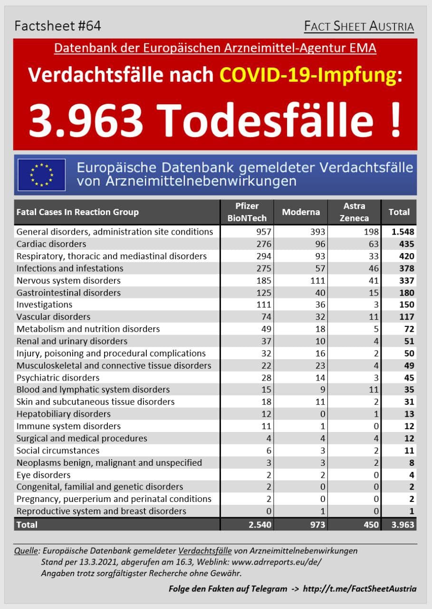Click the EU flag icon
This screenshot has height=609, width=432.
point(41,175)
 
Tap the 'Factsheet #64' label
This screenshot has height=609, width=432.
point(58,26)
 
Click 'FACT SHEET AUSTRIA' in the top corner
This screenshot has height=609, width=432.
point(359,26)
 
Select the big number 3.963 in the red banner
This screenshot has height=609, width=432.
point(86,120)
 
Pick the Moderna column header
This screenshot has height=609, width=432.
point(301,212)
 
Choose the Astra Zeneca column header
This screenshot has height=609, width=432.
point(354,212)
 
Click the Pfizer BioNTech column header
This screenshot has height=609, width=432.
point(248,212)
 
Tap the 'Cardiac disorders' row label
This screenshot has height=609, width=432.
point(51,244)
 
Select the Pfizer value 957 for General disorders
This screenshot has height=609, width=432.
point(263,232)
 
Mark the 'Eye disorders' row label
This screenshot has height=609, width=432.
point(43,475)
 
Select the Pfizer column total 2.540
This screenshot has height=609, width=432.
point(259,525)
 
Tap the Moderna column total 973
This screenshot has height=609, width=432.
point(316,525)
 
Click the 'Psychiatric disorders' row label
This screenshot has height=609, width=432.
point(58,378)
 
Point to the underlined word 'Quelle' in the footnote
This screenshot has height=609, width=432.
point(27,551)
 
